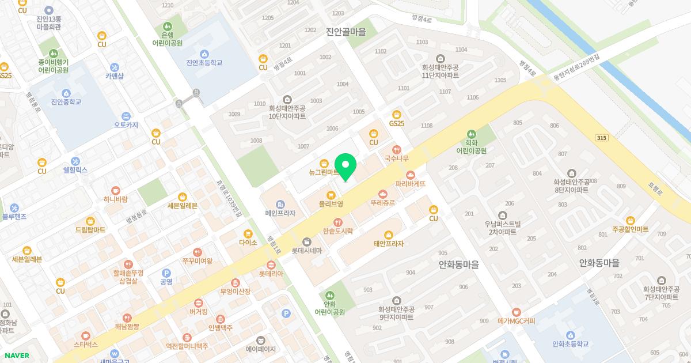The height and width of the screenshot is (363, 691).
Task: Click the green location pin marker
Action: (x=345, y=167)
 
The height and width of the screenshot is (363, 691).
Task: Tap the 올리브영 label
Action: (x=331, y=204)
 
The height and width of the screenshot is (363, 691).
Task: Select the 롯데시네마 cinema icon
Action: (x=306, y=241)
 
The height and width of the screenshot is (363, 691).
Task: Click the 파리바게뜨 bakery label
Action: (x=410, y=184)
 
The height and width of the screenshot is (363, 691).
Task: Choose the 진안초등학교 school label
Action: (x=204, y=63)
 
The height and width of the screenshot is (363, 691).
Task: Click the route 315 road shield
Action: (x=602, y=137)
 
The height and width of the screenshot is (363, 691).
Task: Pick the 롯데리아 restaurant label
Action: (x=271, y=274)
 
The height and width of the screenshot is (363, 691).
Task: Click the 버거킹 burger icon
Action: (x=198, y=302)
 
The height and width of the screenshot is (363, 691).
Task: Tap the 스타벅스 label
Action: (x=85, y=345)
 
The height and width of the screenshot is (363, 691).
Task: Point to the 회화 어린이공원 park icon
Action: (x=472, y=133)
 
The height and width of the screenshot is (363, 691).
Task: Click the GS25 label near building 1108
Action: (x=396, y=123)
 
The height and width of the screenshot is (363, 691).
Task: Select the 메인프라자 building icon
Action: (x=280, y=204)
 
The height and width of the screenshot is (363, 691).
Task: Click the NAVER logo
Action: (x=16, y=356)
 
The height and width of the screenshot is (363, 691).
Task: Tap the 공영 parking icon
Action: (x=166, y=273)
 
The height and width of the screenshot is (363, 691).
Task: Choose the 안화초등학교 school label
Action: (x=570, y=344)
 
